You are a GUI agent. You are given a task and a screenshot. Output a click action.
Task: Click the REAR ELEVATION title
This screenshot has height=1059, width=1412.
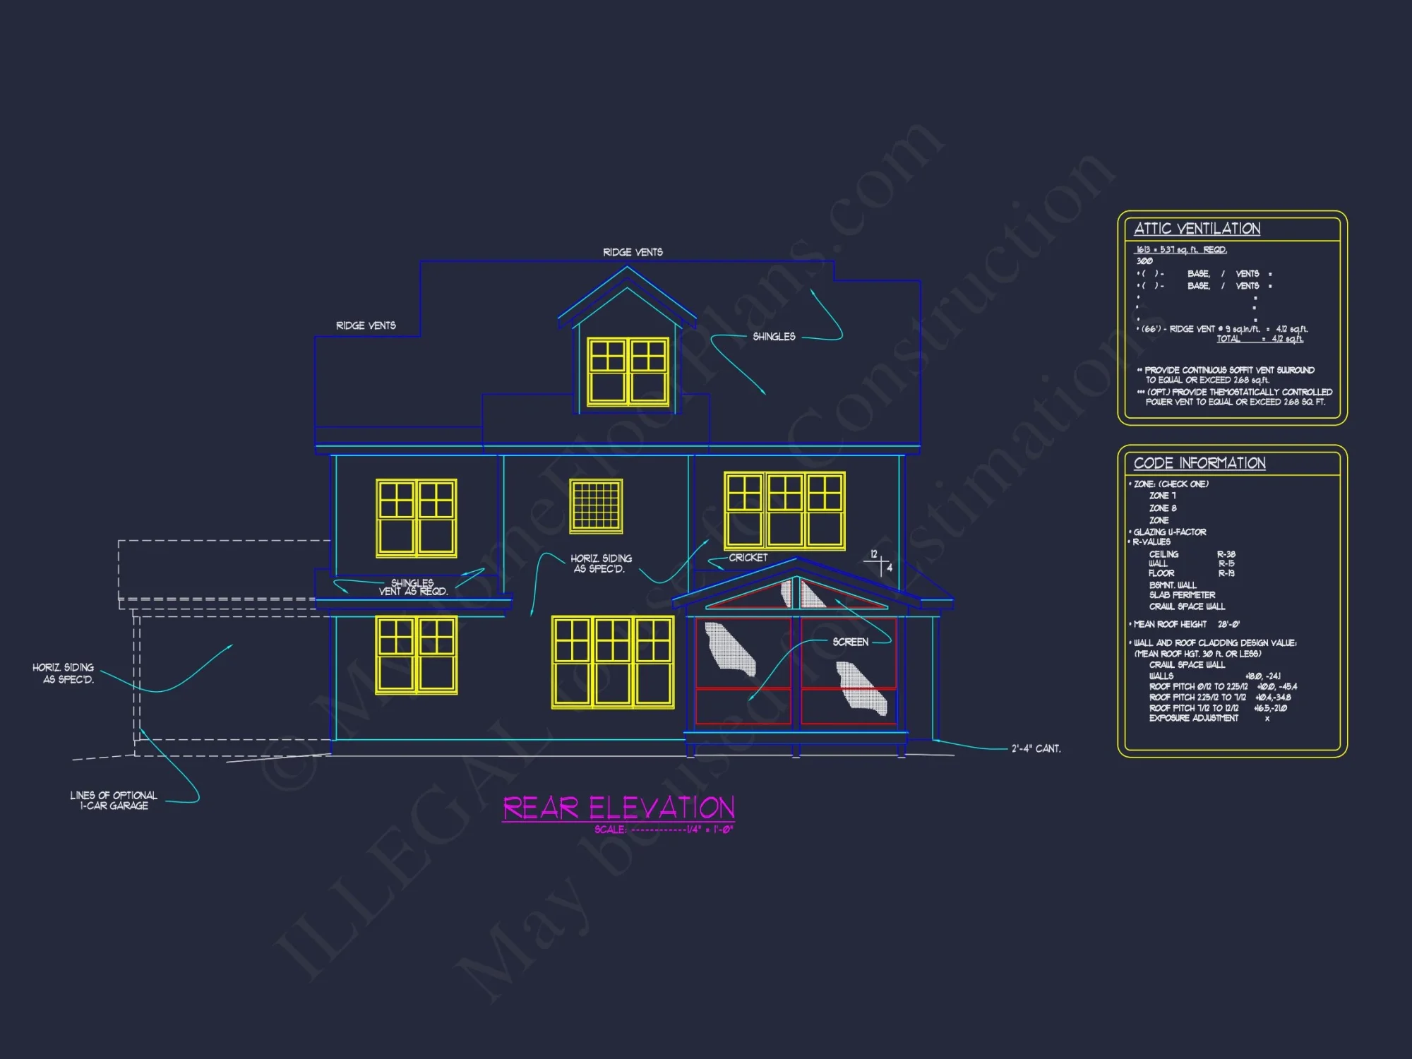tap(618, 808)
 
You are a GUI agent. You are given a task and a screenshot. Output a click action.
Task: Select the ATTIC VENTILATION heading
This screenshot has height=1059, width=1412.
tap(1197, 229)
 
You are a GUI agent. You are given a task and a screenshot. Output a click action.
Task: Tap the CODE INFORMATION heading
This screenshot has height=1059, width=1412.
tap(1199, 463)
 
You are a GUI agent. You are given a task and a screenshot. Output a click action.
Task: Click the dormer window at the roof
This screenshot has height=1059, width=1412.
tap(628, 371)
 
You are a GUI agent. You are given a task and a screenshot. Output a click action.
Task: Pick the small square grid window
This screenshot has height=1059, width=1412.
tap(596, 505)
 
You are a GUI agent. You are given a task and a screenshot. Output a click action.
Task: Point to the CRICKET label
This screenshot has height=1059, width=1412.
tap(748, 558)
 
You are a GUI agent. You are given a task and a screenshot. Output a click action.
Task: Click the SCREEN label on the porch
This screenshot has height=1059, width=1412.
tap(850, 642)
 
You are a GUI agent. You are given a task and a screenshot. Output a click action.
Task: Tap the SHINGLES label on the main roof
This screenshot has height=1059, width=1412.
tap(774, 337)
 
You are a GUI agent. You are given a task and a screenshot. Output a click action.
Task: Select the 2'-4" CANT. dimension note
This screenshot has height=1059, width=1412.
tap(1036, 748)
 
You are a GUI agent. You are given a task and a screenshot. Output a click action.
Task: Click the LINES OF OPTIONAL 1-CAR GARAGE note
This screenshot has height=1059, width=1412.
tap(113, 800)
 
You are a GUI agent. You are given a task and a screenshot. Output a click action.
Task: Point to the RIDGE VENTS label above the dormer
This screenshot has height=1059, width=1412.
tap(633, 252)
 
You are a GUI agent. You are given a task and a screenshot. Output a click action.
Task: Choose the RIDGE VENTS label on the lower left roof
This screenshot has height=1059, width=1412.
tap(366, 325)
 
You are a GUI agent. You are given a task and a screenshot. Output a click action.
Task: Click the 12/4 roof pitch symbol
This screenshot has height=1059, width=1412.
tap(880, 563)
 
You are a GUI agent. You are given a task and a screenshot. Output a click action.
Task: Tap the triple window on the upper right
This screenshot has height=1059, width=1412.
tap(784, 510)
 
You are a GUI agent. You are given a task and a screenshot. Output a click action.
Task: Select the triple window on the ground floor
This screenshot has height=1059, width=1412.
tap(612, 662)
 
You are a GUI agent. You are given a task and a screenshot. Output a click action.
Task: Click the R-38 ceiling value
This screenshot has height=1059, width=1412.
tap(1226, 554)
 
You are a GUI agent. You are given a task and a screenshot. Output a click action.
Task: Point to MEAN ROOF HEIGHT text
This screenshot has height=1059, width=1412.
tap(1169, 624)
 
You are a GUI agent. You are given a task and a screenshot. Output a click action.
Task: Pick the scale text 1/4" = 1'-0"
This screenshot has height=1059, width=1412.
tap(710, 830)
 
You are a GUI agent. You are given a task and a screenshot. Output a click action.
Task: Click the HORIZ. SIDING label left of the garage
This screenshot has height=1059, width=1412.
tap(64, 673)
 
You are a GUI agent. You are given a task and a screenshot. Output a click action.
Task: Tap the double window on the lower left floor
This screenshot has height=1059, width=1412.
tap(417, 654)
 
